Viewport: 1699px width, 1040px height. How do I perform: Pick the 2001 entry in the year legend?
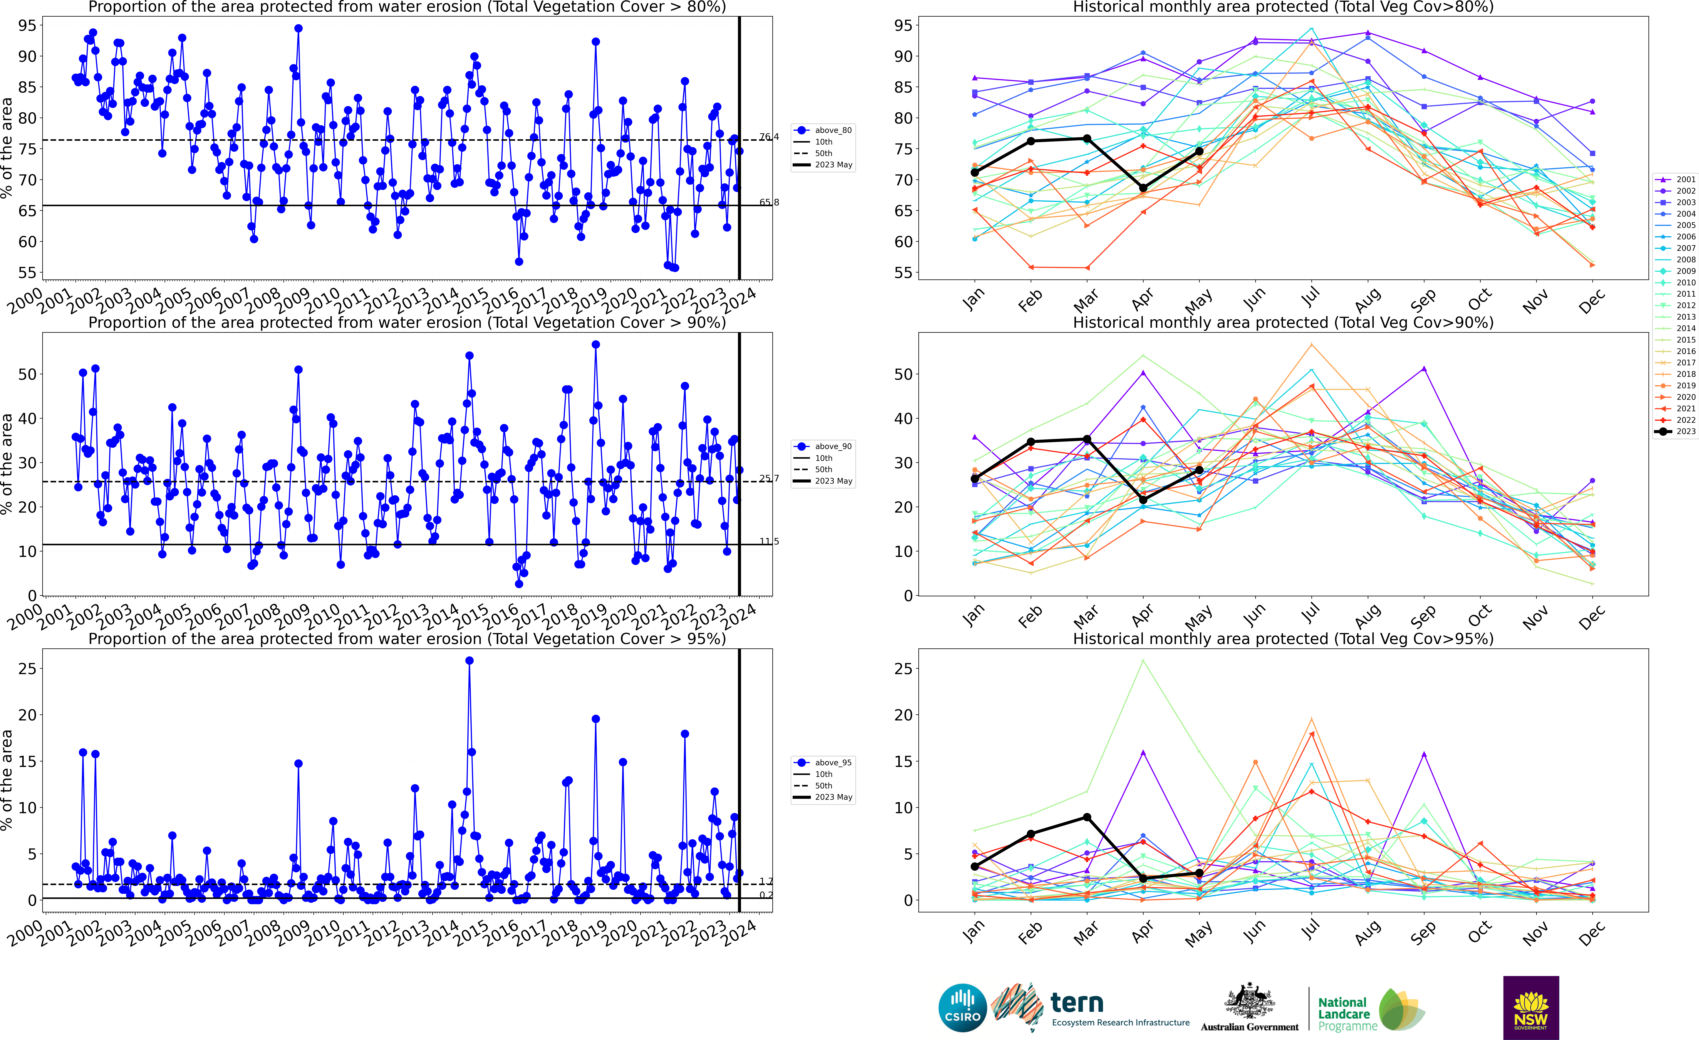coord(1675,179)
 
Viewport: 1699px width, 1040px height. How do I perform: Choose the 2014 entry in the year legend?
coord(1675,328)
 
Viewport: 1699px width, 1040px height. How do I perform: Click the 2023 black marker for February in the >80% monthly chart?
coord(1031,141)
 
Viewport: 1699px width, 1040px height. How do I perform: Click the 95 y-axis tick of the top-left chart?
coord(28,26)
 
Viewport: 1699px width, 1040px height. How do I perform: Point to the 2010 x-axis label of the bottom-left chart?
coord(322,934)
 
